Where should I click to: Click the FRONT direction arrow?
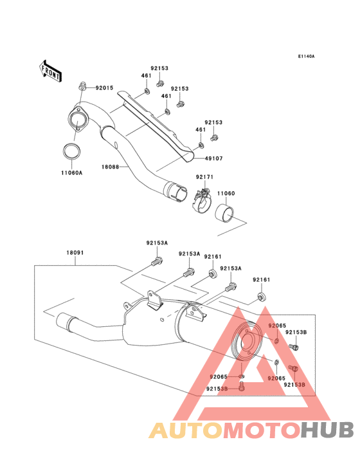click(50, 71)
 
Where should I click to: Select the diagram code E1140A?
click(306, 56)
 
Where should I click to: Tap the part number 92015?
click(104, 88)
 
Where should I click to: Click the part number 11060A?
click(72, 173)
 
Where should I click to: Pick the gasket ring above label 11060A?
click(72, 152)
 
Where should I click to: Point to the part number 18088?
click(110, 167)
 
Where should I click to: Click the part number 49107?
click(213, 158)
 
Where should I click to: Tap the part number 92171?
click(204, 177)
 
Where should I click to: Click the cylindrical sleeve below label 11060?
click(224, 214)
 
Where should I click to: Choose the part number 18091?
click(75, 253)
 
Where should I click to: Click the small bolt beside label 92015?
click(82, 86)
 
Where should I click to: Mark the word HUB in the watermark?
click(328, 430)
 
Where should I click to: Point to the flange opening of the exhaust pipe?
click(76, 121)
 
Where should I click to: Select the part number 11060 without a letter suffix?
click(226, 193)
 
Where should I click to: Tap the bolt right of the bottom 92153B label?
click(242, 386)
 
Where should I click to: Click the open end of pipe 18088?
click(179, 192)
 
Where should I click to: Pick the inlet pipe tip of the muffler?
click(62, 321)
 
